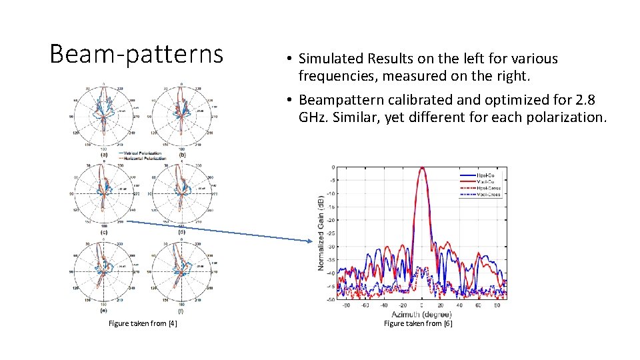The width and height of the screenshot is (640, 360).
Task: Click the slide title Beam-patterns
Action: [x=137, y=53]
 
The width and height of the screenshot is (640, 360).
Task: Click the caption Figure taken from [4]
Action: [x=143, y=323]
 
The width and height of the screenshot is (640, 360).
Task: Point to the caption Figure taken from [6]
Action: [x=418, y=323]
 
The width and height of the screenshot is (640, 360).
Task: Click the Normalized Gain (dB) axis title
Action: [x=321, y=233]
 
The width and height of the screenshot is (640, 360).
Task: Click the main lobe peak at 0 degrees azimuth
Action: [x=421, y=168]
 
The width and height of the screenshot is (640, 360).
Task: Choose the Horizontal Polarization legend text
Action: [x=143, y=159]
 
